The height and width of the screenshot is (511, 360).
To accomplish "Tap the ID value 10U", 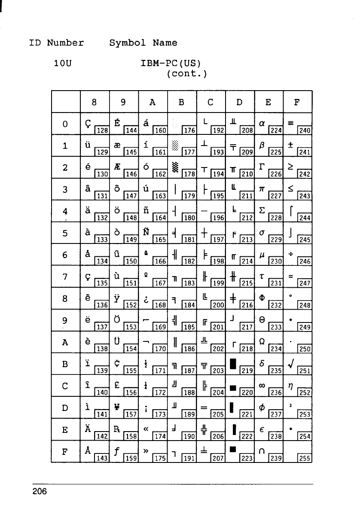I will point(63,66).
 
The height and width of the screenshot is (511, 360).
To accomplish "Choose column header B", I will point(181,103).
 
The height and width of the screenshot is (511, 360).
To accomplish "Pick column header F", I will point(297,103).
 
